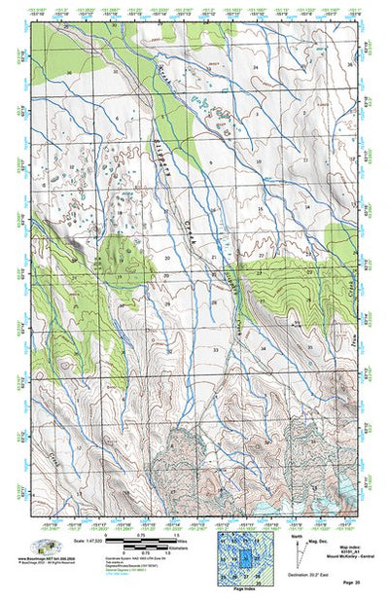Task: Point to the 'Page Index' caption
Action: [x=239, y=590]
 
